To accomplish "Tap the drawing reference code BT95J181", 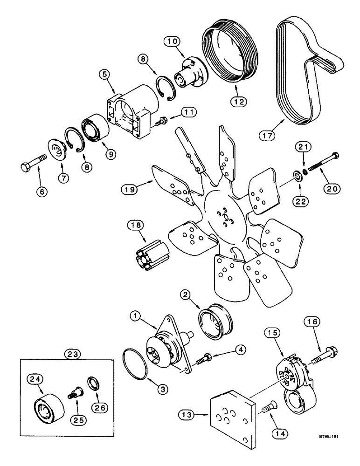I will [335, 449].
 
